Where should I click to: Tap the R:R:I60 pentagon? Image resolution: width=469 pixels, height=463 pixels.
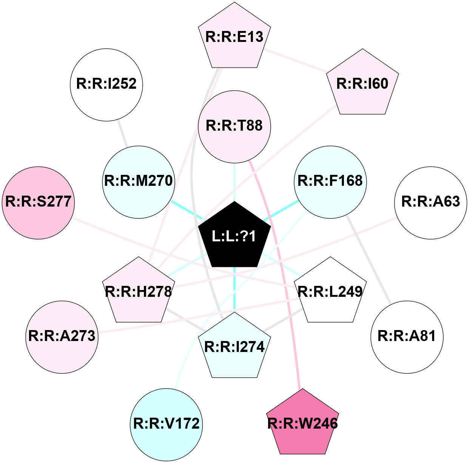pos(363,83)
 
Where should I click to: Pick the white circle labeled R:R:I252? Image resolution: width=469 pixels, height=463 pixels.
pos(106,85)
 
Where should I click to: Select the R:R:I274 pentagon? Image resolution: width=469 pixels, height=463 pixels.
pos(234,347)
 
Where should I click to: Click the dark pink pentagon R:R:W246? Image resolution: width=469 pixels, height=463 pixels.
pos(302,424)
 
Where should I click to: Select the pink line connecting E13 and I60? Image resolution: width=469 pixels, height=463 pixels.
pos(295,60)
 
